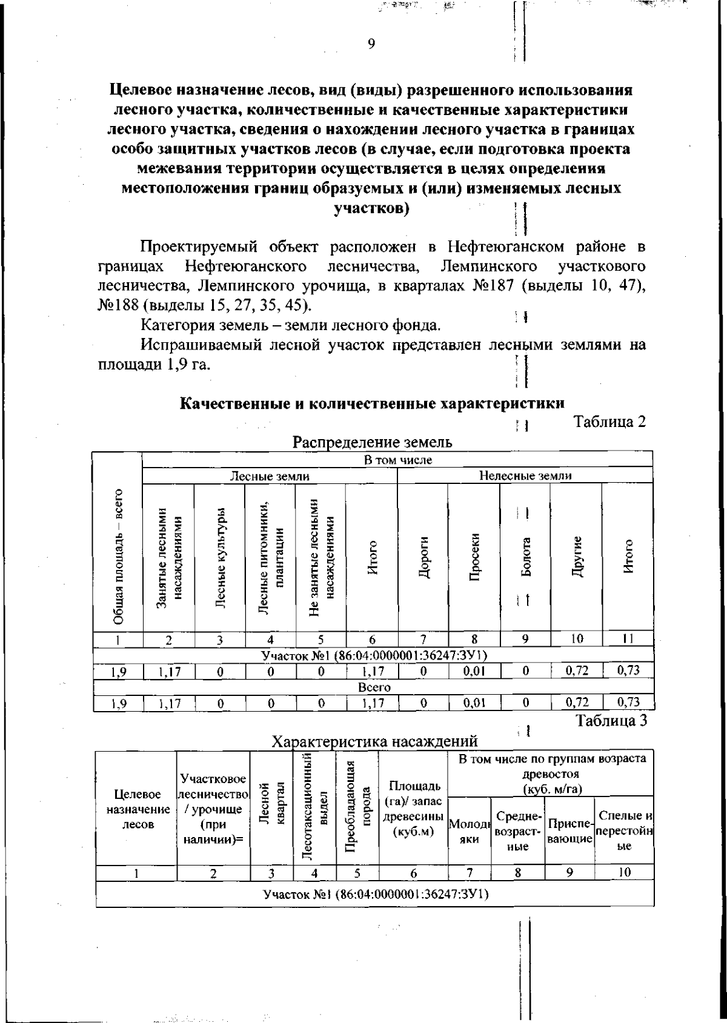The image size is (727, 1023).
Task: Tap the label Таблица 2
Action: tap(609, 422)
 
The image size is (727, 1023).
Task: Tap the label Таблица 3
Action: tap(611, 720)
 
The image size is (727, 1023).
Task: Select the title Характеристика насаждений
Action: tap(374, 741)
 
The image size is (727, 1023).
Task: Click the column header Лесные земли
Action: tap(269, 476)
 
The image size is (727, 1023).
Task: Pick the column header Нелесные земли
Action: tap(525, 476)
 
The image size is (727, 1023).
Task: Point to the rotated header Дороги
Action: tap(424, 557)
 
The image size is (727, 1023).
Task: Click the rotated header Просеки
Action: tap(474, 557)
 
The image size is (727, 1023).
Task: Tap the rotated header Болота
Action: tap(526, 557)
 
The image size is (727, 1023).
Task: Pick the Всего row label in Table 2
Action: tap(374, 687)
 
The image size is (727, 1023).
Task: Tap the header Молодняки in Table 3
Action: tap(469, 831)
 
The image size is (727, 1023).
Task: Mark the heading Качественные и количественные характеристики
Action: tap(373, 403)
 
